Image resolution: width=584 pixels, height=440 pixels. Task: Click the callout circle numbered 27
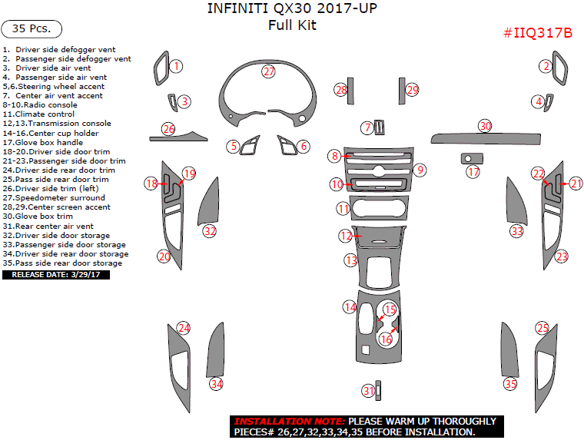coord(268,71)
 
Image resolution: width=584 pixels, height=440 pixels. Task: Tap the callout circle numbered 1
coord(177,67)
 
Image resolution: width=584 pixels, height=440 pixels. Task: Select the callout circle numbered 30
coord(484,125)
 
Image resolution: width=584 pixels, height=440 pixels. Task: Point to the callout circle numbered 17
coord(473,172)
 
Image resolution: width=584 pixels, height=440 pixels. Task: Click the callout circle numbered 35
coord(510,383)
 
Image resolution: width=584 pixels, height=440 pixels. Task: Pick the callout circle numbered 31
coord(369,391)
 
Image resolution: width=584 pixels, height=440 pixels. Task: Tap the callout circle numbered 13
coord(350,261)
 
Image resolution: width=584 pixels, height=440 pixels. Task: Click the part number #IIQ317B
coord(538,33)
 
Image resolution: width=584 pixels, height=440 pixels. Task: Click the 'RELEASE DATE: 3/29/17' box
coord(56,274)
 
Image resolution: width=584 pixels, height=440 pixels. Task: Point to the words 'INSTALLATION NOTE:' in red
coord(290,422)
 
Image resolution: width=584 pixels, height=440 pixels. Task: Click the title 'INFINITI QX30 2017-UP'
coord(292,9)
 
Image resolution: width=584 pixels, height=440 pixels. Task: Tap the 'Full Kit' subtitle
coord(292,25)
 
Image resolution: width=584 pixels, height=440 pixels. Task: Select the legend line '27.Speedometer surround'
coord(54,198)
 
